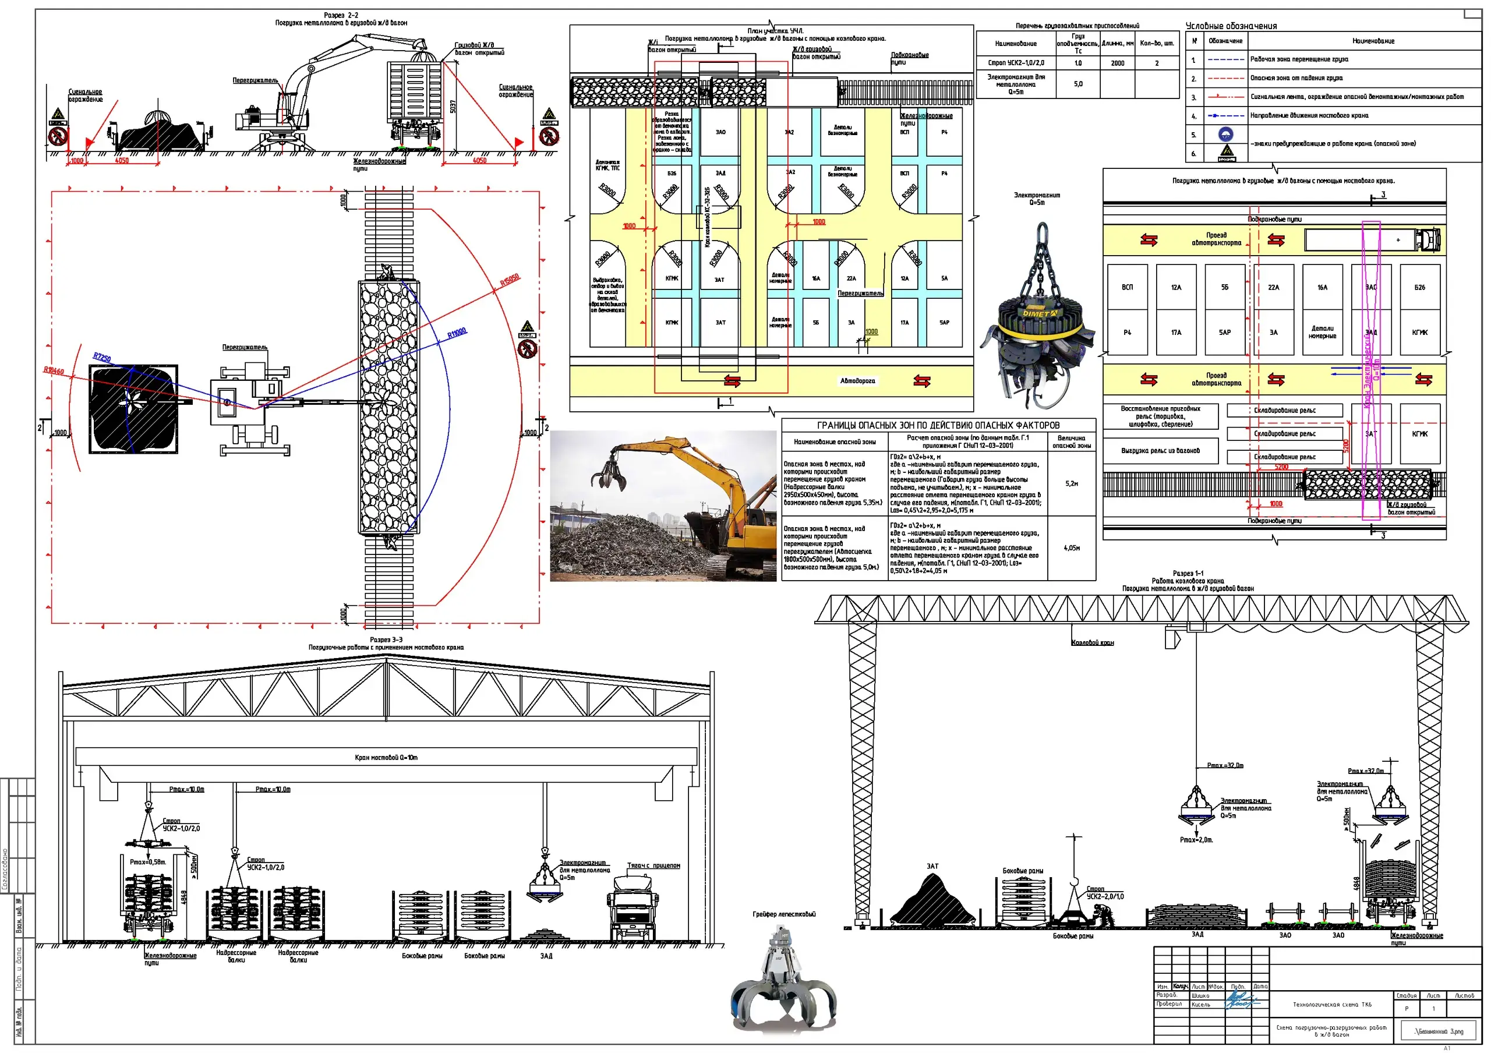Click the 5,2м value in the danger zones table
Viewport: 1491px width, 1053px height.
[x=1071, y=483]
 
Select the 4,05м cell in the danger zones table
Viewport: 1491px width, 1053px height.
[x=1071, y=548]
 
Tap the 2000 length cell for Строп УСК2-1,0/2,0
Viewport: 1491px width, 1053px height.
[x=1117, y=63]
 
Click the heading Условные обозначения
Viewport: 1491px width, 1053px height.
[x=1231, y=26]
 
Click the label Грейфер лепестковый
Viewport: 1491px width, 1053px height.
[x=784, y=914]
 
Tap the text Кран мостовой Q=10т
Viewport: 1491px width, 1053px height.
[x=386, y=757]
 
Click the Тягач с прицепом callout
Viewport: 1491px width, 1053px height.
[x=653, y=865]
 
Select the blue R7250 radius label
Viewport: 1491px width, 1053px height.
[x=102, y=357]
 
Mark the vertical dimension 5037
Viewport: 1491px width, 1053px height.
[x=453, y=107]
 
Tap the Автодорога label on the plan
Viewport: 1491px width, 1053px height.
[x=857, y=381]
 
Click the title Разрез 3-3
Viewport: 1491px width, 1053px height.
[x=386, y=639]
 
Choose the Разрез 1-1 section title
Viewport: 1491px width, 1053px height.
[x=1187, y=573]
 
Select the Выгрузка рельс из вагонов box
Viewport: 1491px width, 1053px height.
[x=1160, y=451]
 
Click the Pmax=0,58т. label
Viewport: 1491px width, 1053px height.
[x=147, y=862]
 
